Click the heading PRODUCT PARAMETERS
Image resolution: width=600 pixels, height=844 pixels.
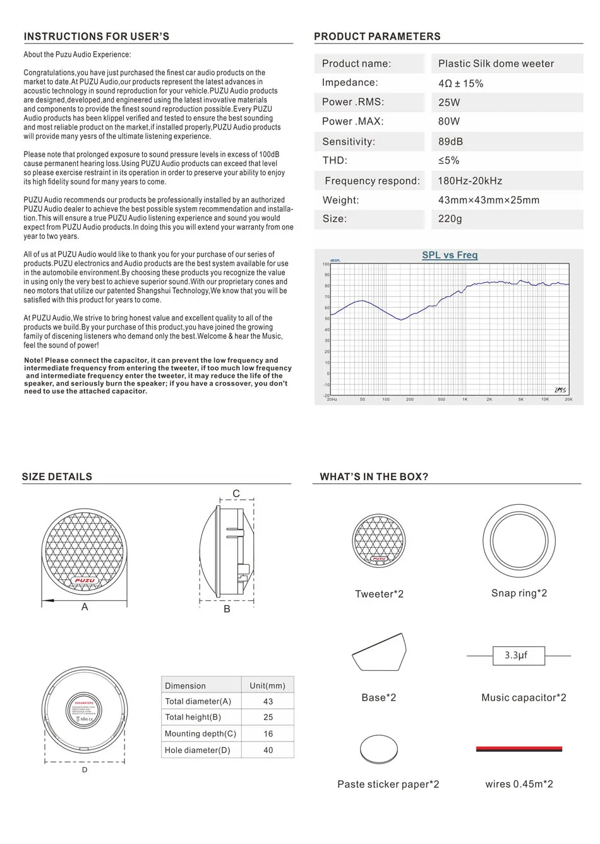coord(377,37)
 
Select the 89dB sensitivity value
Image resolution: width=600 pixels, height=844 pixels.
coord(450,142)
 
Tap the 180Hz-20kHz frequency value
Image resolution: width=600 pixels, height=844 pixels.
coord(470,181)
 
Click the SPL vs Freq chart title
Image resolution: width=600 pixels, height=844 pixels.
coord(450,255)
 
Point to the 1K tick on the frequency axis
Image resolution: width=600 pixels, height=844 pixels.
coord(465,399)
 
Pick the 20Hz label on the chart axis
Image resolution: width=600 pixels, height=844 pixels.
coord(332,399)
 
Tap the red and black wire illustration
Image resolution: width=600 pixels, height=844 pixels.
coord(519,749)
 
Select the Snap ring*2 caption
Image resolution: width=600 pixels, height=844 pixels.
coord(519,593)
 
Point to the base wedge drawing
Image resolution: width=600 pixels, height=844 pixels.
coord(379,653)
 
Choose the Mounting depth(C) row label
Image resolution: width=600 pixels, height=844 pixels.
coord(200,733)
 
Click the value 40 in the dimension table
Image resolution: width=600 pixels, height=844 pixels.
coord(268,750)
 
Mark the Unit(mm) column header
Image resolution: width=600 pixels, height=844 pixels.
coord(267,685)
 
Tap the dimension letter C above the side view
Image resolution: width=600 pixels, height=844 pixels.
coord(236,494)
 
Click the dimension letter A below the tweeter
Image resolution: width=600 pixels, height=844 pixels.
coord(85,606)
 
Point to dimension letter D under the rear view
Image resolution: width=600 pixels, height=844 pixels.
coord(85,769)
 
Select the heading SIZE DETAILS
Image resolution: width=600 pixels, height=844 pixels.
coord(57,477)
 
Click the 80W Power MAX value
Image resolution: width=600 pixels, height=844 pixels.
coord(449,121)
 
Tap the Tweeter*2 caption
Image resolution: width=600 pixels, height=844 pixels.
coord(379,594)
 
